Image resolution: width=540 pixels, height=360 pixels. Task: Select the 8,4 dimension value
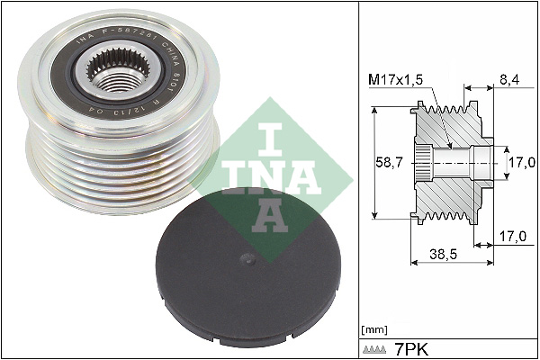[x=508, y=79]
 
